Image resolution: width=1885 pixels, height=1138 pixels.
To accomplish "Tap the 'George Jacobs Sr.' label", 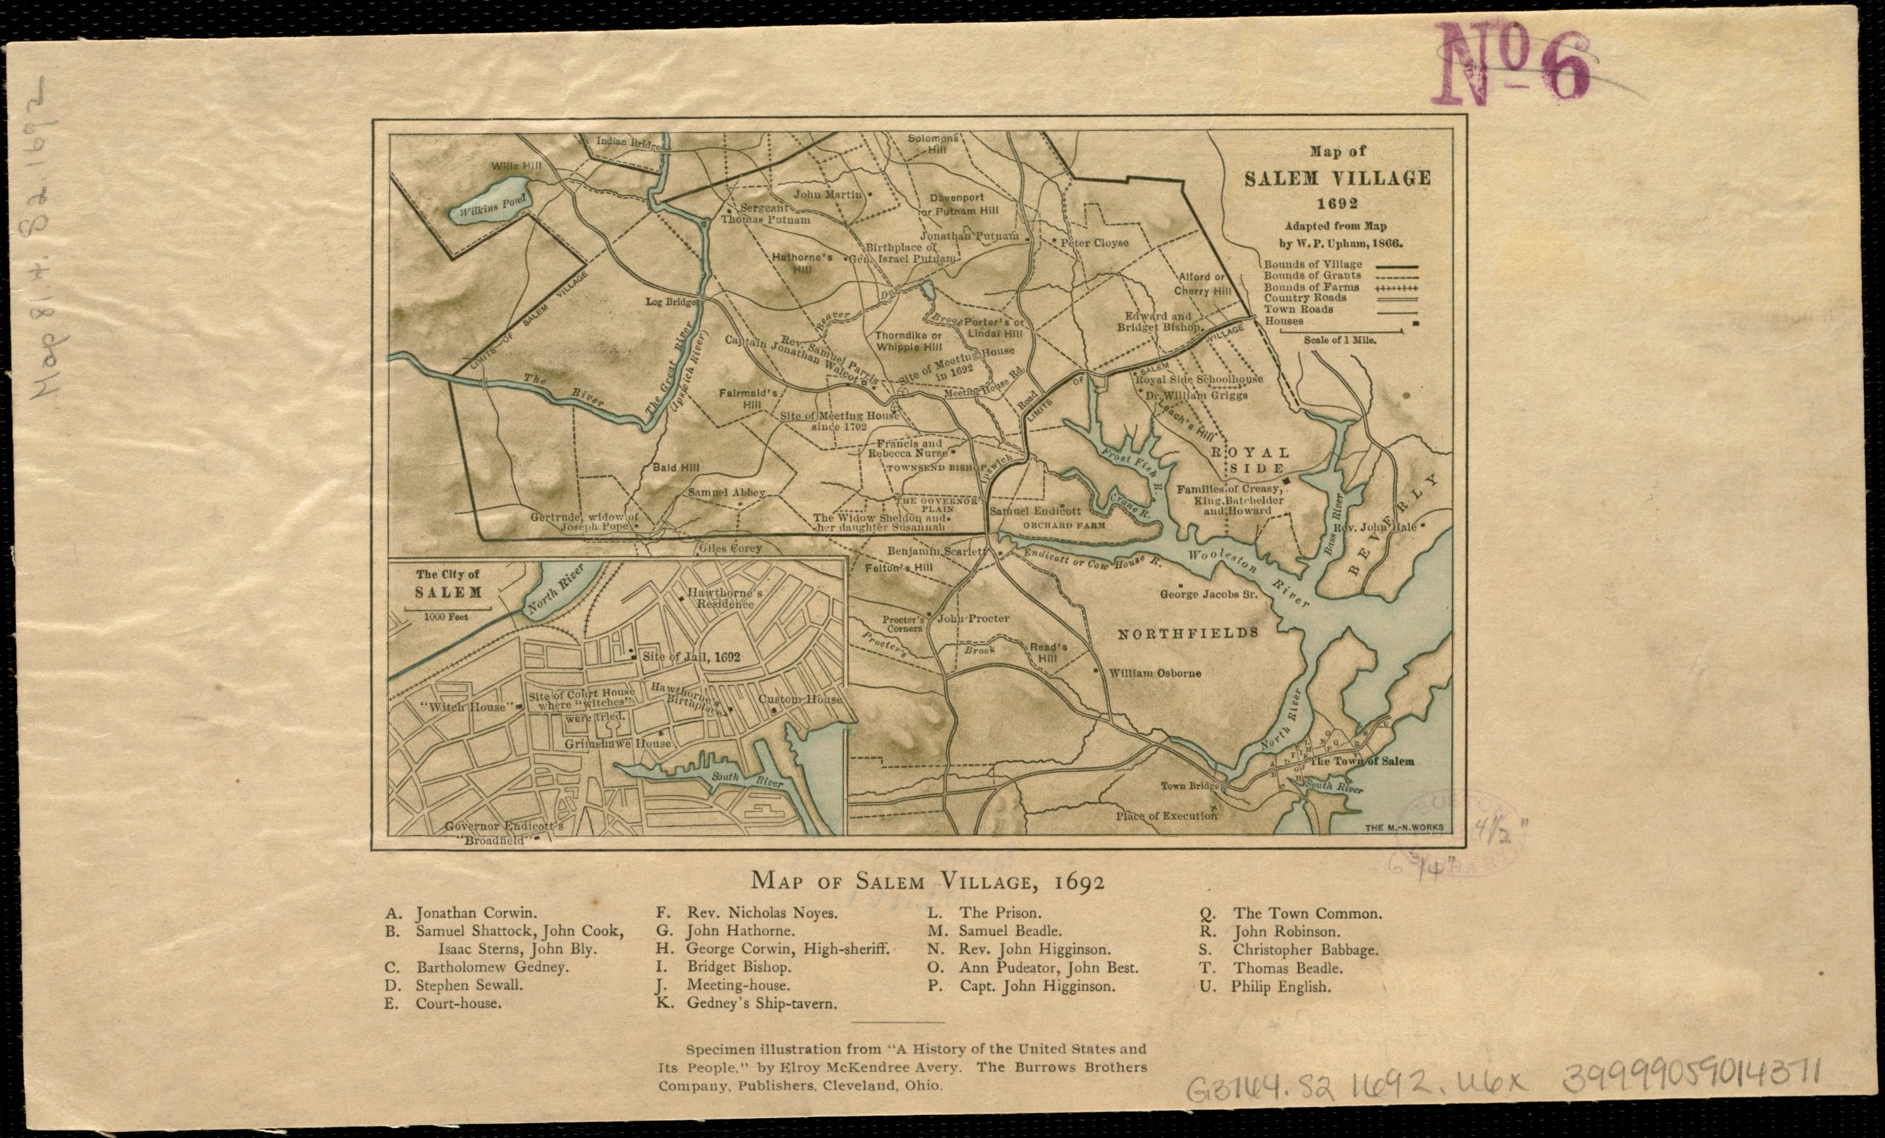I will point(1209,593).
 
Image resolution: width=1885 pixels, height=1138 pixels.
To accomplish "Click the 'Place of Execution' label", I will point(1166,816).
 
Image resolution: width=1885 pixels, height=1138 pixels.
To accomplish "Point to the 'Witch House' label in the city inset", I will point(466,707).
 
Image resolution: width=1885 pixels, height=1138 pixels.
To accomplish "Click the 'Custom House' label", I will point(801,698).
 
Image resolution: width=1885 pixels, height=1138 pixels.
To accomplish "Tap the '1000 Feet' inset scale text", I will point(447,616).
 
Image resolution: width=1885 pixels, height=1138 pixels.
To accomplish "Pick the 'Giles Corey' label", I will point(730,548).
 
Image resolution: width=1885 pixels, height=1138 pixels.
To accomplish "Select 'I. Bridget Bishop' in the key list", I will point(728,967).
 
